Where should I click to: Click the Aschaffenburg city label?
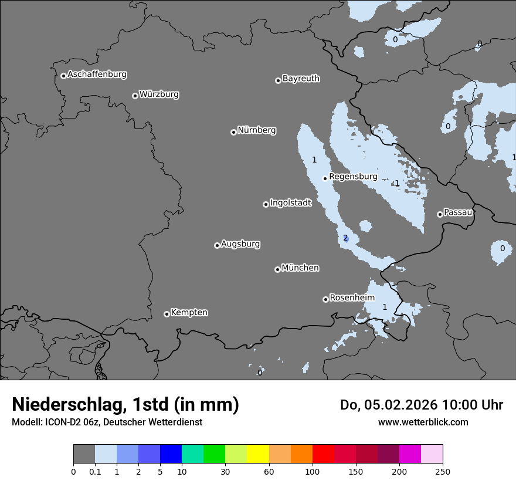97,75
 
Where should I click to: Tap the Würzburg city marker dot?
135,96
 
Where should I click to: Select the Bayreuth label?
301,79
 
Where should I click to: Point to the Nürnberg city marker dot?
233,132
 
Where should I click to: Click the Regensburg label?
353,177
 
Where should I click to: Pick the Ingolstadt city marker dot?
266,204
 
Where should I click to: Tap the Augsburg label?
240,244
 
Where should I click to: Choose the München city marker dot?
277,269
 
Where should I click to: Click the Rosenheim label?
352,298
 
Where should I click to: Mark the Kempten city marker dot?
167,314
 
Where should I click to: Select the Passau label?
458,212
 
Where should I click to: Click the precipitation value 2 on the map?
345,238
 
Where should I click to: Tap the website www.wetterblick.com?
423,422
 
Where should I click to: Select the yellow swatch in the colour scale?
258,454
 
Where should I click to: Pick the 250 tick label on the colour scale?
443,471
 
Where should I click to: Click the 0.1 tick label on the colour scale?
95,471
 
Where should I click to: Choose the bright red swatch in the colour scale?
323,454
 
